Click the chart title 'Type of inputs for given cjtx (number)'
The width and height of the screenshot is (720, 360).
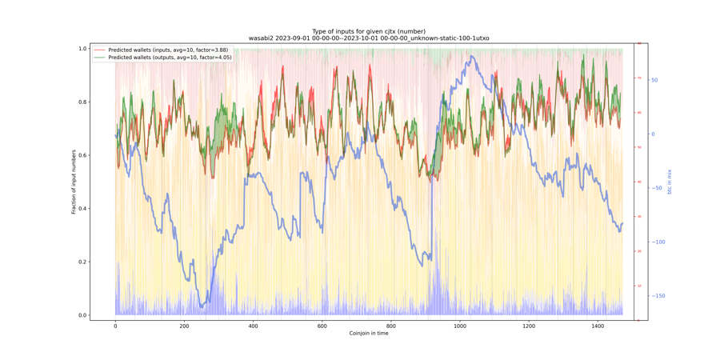(369, 31)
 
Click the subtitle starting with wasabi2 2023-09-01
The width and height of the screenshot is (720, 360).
(369, 38)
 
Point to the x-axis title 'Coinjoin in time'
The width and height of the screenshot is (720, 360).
(369, 333)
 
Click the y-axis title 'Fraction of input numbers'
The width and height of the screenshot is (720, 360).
(74, 182)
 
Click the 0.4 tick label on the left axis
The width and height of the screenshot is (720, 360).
(82, 209)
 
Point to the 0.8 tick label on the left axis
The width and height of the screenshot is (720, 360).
(82, 102)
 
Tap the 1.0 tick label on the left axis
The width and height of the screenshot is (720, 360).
(82, 49)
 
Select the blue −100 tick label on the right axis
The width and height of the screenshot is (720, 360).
(658, 242)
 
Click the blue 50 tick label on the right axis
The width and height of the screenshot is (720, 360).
(654, 80)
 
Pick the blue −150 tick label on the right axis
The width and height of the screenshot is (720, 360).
(658, 296)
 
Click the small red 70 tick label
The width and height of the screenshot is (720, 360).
(638, 78)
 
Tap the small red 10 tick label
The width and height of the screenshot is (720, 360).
(638, 286)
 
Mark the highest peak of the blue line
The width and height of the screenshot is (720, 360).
(473, 57)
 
